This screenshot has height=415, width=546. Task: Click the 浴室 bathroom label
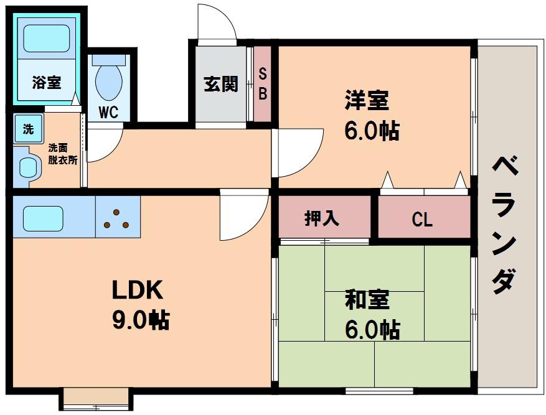[x=47, y=83]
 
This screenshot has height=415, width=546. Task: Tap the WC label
[x=108, y=112]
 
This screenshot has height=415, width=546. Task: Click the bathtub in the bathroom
[x=47, y=38]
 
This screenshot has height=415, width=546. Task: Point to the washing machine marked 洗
[x=29, y=129]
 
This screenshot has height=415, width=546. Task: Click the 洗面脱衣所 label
[x=63, y=154]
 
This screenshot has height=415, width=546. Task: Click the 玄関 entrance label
[x=221, y=84]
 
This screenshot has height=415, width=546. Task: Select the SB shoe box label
[x=263, y=83]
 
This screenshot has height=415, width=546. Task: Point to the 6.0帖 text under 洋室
[x=372, y=131]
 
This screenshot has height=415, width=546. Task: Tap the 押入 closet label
[x=321, y=218]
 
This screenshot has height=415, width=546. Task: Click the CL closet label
[x=422, y=220]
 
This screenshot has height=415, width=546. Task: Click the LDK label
[x=137, y=290]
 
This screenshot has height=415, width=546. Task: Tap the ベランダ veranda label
[x=504, y=225]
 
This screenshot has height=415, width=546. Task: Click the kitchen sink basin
[x=43, y=218]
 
